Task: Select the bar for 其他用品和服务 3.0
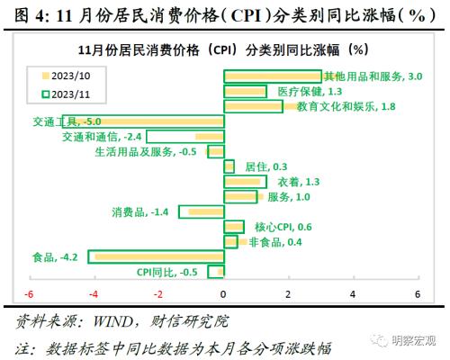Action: (x=272, y=76)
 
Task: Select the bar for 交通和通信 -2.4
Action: (x=184, y=137)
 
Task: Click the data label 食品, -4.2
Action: (x=55, y=257)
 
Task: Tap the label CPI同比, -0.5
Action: (x=166, y=272)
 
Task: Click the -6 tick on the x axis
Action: (x=29, y=294)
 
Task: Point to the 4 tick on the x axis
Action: (x=353, y=294)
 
